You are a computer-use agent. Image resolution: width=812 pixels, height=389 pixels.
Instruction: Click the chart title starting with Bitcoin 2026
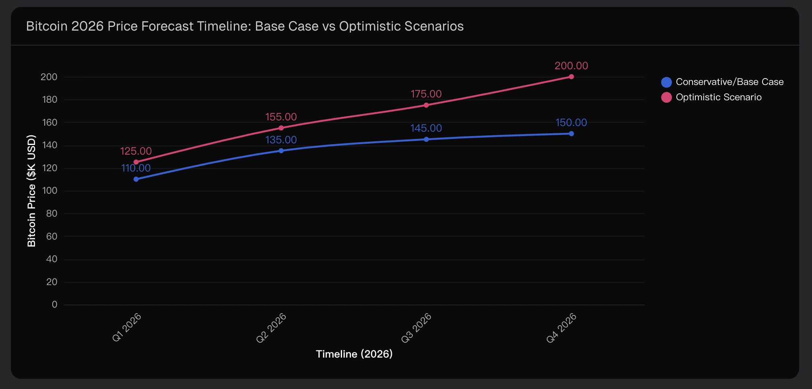pyautogui.click(x=245, y=26)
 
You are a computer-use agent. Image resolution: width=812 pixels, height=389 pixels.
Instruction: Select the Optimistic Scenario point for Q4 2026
pyautogui.click(x=571, y=77)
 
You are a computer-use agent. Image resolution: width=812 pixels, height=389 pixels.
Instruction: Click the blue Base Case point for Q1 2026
pyautogui.click(x=136, y=179)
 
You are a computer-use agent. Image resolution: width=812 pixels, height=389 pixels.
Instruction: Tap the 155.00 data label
pyautogui.click(x=281, y=117)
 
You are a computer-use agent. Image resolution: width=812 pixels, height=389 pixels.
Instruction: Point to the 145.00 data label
pyautogui.click(x=426, y=128)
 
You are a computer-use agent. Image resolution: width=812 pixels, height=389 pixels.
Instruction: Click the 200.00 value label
pyautogui.click(x=571, y=66)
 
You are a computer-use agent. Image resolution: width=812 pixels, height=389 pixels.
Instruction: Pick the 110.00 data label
pyautogui.click(x=136, y=168)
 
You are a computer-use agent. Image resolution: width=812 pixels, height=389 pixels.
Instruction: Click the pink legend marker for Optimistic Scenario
pyautogui.click(x=666, y=97)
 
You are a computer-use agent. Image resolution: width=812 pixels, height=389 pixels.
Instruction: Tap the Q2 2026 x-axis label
pyautogui.click(x=272, y=328)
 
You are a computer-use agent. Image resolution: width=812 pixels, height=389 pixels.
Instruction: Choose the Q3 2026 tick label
pyautogui.click(x=416, y=328)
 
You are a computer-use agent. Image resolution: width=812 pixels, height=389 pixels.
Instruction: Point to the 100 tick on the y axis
pyautogui.click(x=49, y=191)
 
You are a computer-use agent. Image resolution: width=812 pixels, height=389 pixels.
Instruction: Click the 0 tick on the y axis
pyautogui.click(x=55, y=305)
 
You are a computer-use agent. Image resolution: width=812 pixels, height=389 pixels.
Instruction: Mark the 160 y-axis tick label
pyautogui.click(x=49, y=122)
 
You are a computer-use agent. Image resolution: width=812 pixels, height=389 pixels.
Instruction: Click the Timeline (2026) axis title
pyautogui.click(x=354, y=354)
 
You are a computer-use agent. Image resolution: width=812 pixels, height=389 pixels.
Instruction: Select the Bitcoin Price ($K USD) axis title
pyautogui.click(x=31, y=191)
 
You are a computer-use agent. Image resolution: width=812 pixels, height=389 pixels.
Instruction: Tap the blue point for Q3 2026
pyautogui.click(x=426, y=139)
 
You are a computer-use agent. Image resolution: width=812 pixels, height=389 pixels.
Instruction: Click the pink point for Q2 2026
pyautogui.click(x=281, y=128)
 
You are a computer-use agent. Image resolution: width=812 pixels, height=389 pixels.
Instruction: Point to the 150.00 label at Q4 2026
pyautogui.click(x=571, y=123)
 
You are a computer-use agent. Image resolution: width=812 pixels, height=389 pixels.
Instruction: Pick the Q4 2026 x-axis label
pyautogui.click(x=562, y=328)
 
